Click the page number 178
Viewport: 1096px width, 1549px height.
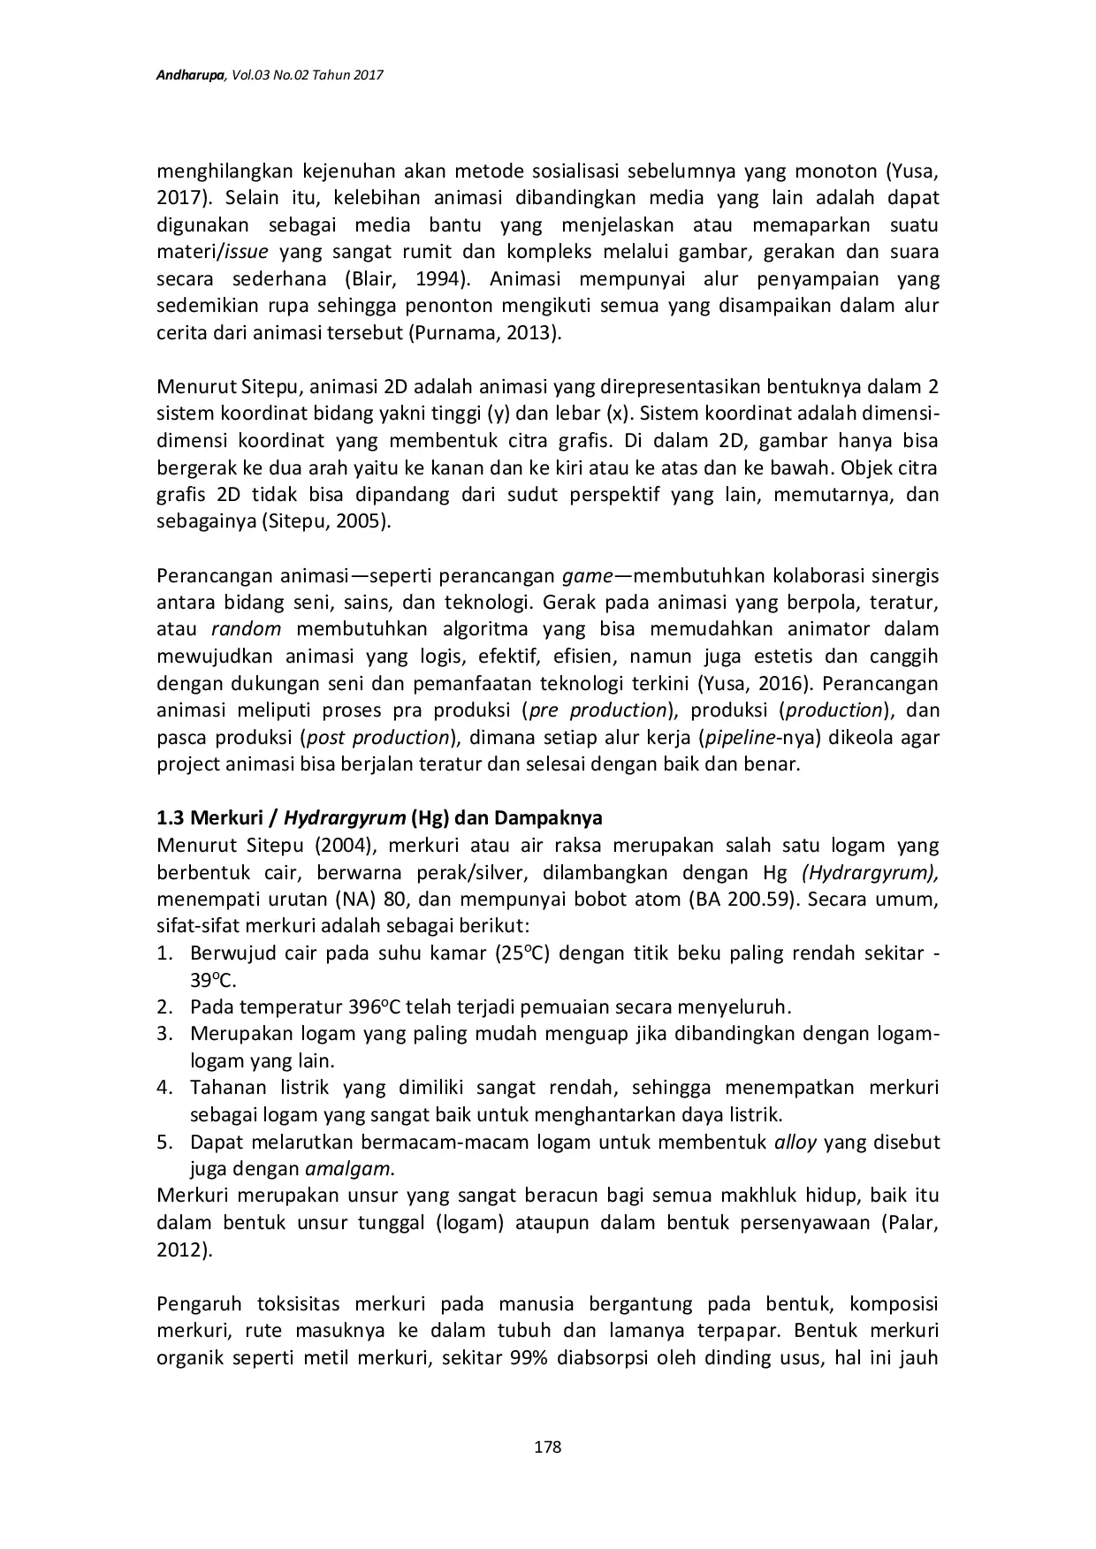548,1447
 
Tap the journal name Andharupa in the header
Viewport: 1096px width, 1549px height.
191,77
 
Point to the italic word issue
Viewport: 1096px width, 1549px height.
247,253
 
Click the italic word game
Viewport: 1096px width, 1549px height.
587,577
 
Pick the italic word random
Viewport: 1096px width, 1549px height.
247,630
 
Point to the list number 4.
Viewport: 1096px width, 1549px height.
164,1088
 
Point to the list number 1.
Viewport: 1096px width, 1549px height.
164,953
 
